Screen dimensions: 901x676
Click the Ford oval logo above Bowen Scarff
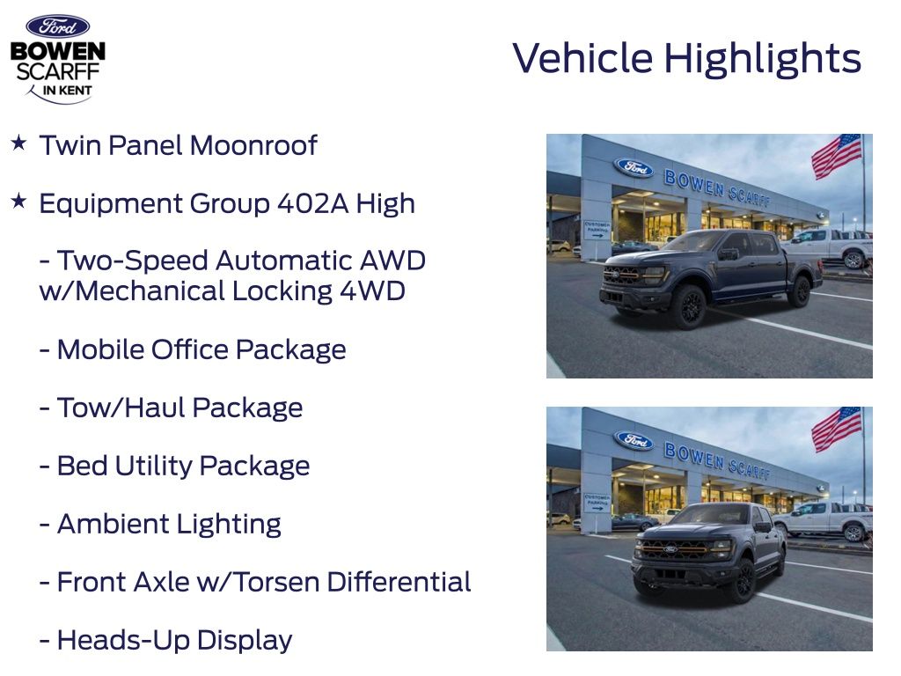pos(58,26)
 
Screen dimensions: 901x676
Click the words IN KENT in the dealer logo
pos(68,91)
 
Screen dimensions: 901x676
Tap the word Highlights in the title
pos(763,59)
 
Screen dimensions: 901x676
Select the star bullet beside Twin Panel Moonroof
pos(19,143)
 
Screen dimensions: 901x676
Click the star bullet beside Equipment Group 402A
pos(19,201)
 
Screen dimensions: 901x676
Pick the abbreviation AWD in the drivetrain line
pos(392,261)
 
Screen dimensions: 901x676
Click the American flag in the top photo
pos(837,155)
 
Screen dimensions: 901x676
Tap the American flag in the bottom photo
pos(837,429)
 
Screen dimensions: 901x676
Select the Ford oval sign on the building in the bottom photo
pos(634,441)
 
